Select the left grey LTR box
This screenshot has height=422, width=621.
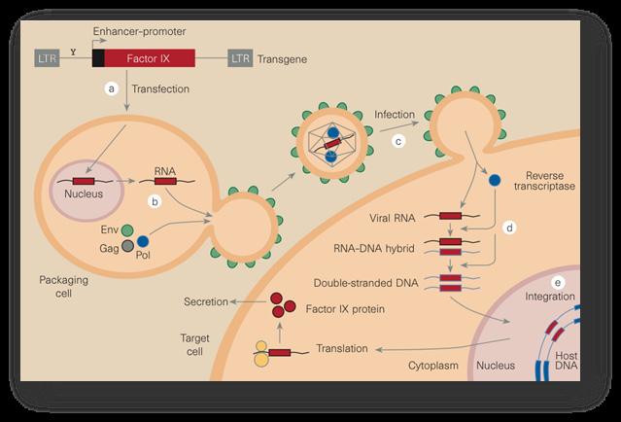click(45, 58)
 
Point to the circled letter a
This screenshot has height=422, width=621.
click(112, 88)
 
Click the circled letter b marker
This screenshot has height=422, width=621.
click(153, 201)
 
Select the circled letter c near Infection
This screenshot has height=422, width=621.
click(397, 141)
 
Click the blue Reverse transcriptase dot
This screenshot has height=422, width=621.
click(495, 181)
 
